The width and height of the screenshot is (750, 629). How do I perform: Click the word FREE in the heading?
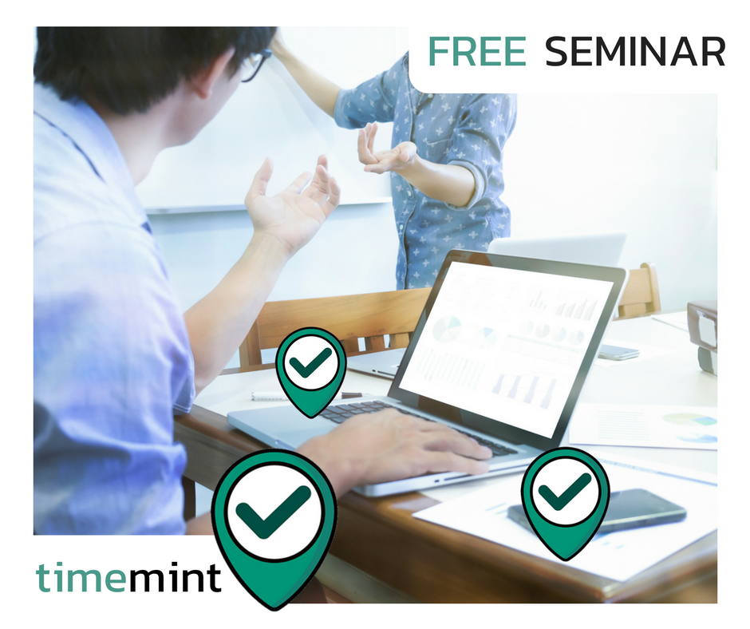477,51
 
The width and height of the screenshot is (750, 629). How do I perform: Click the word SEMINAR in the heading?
635,51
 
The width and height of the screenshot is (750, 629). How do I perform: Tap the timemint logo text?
128,577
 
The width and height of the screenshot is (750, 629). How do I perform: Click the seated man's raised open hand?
292,201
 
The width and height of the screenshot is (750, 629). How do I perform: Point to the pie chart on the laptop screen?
447,330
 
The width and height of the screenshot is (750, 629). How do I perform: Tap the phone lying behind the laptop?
618,353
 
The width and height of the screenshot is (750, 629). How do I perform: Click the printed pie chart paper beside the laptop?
643,426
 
